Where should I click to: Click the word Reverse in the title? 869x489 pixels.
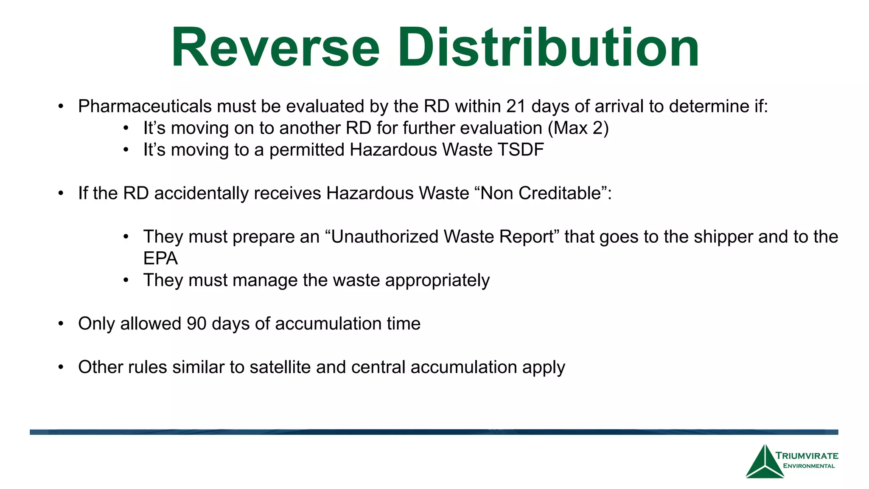click(275, 48)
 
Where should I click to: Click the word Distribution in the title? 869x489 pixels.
click(548, 48)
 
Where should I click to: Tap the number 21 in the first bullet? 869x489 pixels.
click(516, 106)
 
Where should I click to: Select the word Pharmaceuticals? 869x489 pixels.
click(144, 106)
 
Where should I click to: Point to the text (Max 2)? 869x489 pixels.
click(578, 128)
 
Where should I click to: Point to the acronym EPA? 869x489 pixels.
click(160, 259)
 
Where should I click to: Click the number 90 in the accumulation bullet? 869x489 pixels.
click(196, 324)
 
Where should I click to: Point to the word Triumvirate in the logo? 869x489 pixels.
click(807, 456)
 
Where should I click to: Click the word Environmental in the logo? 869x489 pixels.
click(809, 466)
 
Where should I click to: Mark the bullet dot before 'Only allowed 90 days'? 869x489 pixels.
click(61, 324)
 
